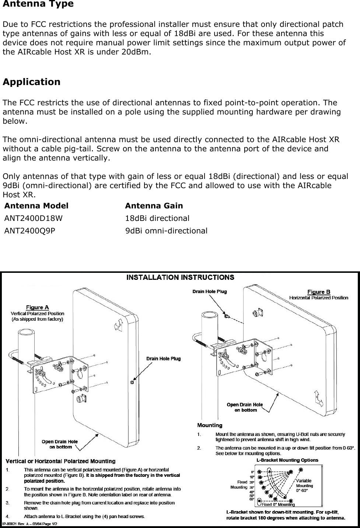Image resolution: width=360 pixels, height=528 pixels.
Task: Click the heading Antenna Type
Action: click(x=38, y=4)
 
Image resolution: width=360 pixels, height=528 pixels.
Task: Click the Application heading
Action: click(x=31, y=82)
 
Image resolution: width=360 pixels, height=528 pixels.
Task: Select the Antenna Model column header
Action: click(x=36, y=206)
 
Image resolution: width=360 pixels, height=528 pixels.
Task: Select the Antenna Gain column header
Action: click(x=154, y=206)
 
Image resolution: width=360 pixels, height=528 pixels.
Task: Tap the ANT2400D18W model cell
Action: click(x=33, y=218)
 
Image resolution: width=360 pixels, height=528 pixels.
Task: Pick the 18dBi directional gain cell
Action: click(x=157, y=218)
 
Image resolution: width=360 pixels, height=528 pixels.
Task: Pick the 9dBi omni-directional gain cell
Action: click(x=166, y=231)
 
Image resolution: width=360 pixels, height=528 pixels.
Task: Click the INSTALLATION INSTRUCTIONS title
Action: click(x=180, y=277)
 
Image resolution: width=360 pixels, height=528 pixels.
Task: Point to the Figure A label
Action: click(x=37, y=307)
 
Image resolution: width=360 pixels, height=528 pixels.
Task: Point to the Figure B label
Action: click(x=319, y=292)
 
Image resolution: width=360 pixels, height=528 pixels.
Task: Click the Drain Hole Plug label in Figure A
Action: click(x=164, y=359)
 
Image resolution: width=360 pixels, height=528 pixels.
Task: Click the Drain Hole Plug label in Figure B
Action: click(x=210, y=292)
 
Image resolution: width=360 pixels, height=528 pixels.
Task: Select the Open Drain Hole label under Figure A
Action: click(x=59, y=444)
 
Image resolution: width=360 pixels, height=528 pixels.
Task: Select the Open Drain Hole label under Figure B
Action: click(x=245, y=407)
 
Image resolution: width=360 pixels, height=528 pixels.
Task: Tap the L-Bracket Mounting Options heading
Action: click(x=287, y=460)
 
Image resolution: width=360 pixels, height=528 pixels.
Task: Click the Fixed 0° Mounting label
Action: click(x=278, y=504)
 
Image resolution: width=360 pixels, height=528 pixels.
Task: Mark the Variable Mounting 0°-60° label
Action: click(x=304, y=485)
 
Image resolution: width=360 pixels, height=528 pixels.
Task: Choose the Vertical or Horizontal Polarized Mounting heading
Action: click(x=60, y=461)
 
